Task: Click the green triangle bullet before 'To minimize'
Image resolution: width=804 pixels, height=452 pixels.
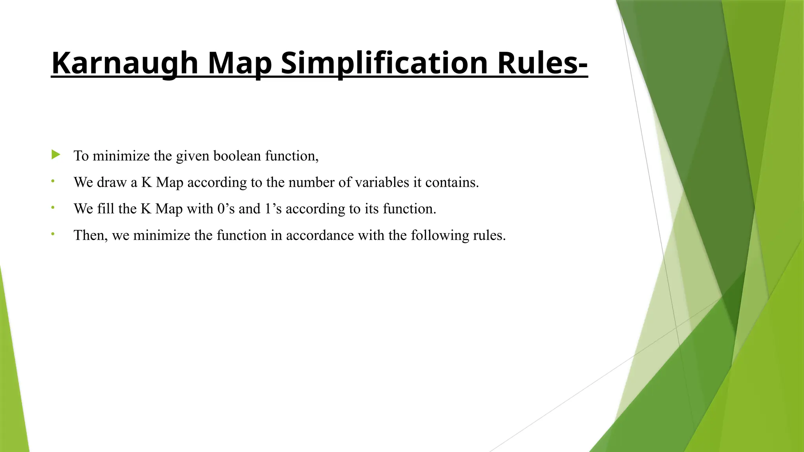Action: (56, 155)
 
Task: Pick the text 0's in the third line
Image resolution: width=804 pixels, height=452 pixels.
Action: (226, 209)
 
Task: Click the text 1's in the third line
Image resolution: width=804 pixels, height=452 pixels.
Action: (273, 209)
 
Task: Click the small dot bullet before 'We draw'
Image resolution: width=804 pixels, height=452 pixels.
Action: (53, 181)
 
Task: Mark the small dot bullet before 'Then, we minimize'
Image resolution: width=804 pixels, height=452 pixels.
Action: (53, 234)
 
